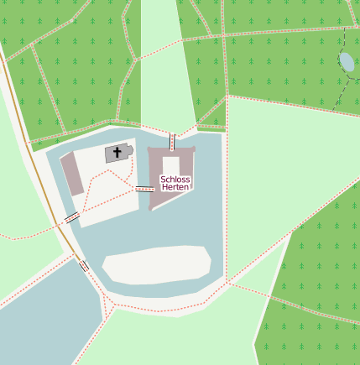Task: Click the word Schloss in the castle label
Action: click(175, 180)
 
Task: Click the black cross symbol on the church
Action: click(118, 153)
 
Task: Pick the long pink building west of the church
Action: click(71, 175)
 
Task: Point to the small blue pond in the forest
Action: click(347, 61)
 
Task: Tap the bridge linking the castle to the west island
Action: click(144, 190)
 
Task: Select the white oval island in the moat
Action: click(157, 264)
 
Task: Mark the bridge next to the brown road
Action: click(72, 217)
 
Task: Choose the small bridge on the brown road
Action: click(83, 265)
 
